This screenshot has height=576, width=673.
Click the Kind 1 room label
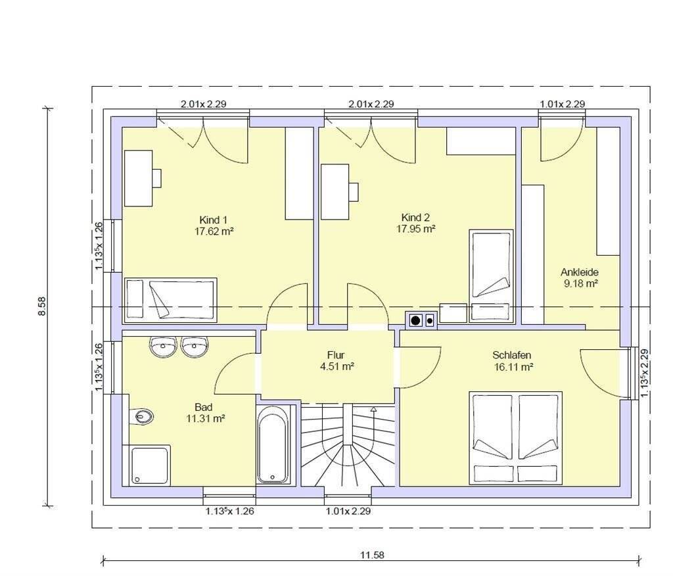(213, 220)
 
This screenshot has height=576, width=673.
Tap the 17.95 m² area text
(415, 229)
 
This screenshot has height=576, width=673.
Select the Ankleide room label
(580, 272)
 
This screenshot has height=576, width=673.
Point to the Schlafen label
(511, 355)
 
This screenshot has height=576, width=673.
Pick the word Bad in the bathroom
(204, 407)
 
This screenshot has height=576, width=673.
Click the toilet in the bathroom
(142, 416)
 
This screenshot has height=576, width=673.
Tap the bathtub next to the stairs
(273, 445)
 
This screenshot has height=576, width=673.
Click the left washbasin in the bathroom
(163, 346)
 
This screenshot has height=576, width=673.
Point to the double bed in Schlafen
(515, 438)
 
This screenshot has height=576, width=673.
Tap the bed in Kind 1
(170, 300)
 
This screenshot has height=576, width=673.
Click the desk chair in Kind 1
(156, 178)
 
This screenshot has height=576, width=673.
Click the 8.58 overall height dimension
(41, 306)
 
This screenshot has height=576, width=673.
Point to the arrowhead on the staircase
(373, 409)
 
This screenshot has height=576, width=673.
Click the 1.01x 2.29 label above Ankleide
(563, 104)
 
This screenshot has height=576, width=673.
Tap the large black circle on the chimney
(415, 320)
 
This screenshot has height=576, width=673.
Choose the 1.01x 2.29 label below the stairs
(348, 511)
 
